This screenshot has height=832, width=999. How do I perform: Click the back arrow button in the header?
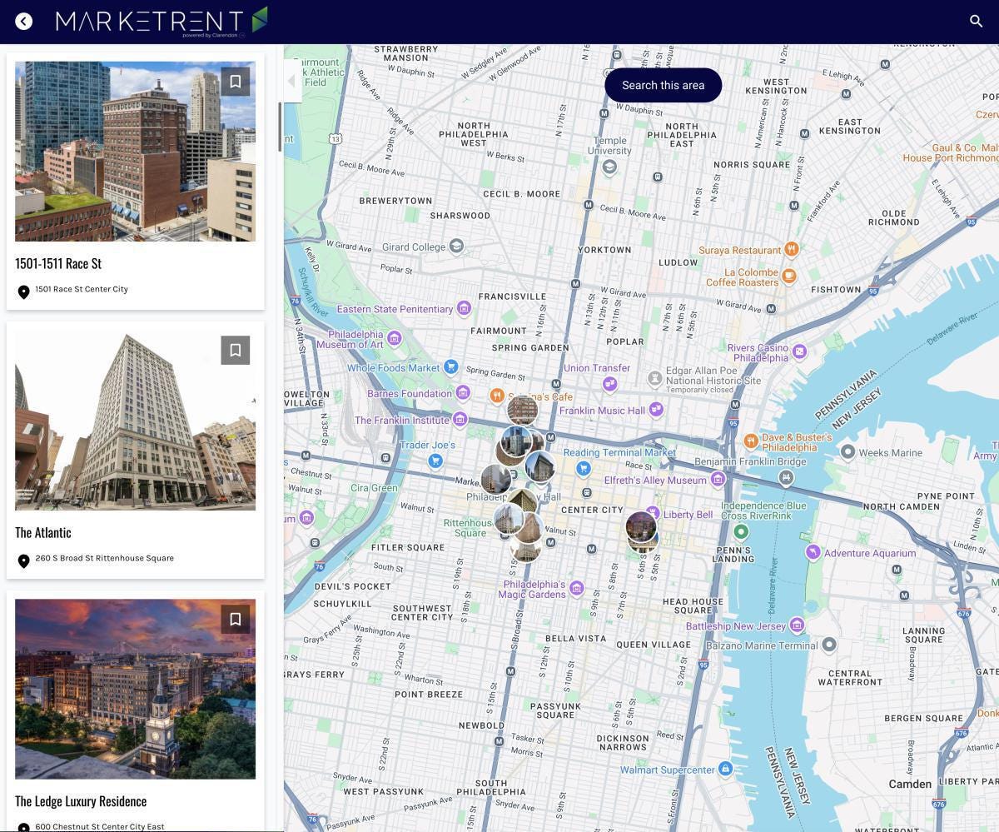point(23,22)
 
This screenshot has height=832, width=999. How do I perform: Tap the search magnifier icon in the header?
point(977,21)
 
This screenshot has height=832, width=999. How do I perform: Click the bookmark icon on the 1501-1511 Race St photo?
point(236,82)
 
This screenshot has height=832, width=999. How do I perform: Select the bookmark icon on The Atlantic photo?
point(236,351)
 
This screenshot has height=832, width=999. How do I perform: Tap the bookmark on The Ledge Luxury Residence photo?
point(236,620)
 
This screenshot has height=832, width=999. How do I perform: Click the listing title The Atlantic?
point(43,532)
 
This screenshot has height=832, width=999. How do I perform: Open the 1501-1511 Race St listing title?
point(58,263)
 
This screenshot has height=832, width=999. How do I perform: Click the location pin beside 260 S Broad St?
point(24,560)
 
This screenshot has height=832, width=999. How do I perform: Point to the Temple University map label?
point(609,146)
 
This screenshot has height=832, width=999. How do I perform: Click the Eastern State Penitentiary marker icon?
point(465,309)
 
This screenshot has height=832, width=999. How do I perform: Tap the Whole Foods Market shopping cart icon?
point(450,366)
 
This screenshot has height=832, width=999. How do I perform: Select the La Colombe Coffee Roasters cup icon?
point(789,275)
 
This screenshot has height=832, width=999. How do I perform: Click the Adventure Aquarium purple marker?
point(813,552)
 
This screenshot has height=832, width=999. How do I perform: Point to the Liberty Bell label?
point(688,515)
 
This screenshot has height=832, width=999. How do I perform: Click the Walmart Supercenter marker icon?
point(725,769)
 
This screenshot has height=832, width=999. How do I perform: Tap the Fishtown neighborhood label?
point(836,290)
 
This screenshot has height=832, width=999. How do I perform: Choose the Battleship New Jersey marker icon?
point(797,625)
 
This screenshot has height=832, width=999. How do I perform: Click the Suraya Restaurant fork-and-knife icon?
point(792,249)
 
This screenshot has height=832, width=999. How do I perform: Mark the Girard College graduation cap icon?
point(456,246)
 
